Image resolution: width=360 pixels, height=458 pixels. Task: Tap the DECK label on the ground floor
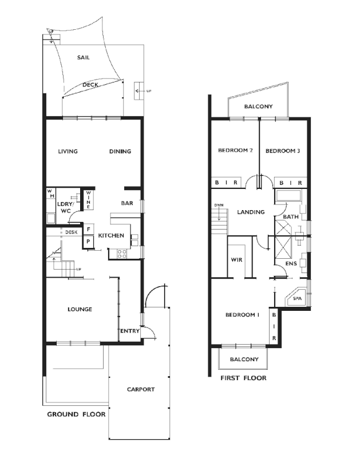click(x=90, y=85)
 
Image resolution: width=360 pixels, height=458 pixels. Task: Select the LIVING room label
click(x=68, y=152)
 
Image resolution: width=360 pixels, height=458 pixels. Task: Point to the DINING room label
click(x=120, y=152)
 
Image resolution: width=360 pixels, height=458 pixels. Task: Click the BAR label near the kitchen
click(x=127, y=203)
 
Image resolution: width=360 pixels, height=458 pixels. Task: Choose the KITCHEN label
click(x=111, y=236)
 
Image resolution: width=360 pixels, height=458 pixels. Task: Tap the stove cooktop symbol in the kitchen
click(x=122, y=253)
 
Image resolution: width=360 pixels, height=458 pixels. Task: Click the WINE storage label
click(x=88, y=200)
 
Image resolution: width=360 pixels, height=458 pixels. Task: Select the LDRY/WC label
click(x=64, y=207)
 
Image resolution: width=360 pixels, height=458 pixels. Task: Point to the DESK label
click(x=71, y=232)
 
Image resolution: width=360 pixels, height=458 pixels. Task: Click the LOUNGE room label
click(x=80, y=309)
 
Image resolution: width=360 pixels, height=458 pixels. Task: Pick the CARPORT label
click(x=140, y=389)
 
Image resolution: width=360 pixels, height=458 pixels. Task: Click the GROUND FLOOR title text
click(x=76, y=414)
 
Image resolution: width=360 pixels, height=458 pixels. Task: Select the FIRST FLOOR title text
click(x=243, y=378)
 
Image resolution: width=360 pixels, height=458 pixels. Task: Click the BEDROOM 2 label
click(x=235, y=151)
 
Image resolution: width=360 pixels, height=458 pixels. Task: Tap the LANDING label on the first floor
click(x=251, y=212)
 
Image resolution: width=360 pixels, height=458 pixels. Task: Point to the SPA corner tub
click(x=296, y=298)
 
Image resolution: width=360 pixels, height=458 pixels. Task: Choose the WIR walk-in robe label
click(x=236, y=260)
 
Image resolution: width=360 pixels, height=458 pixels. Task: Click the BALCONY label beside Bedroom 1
click(x=244, y=360)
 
